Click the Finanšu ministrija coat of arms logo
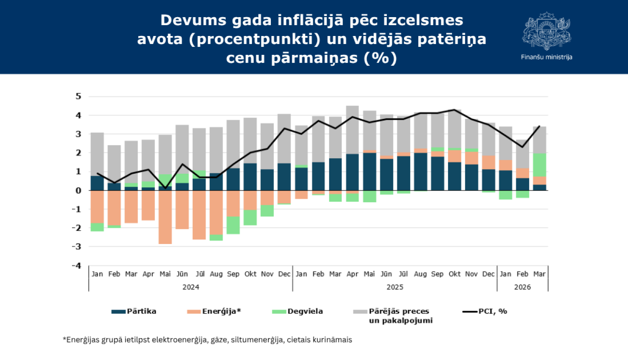546,31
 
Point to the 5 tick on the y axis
78,97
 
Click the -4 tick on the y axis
77,266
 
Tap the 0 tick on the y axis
78,190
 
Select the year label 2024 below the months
190,287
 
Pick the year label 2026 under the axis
522,287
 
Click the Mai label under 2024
165,274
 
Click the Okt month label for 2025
454,274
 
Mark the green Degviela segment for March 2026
539,165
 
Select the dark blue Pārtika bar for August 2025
420,172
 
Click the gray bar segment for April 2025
352,130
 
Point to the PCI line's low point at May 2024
165,188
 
